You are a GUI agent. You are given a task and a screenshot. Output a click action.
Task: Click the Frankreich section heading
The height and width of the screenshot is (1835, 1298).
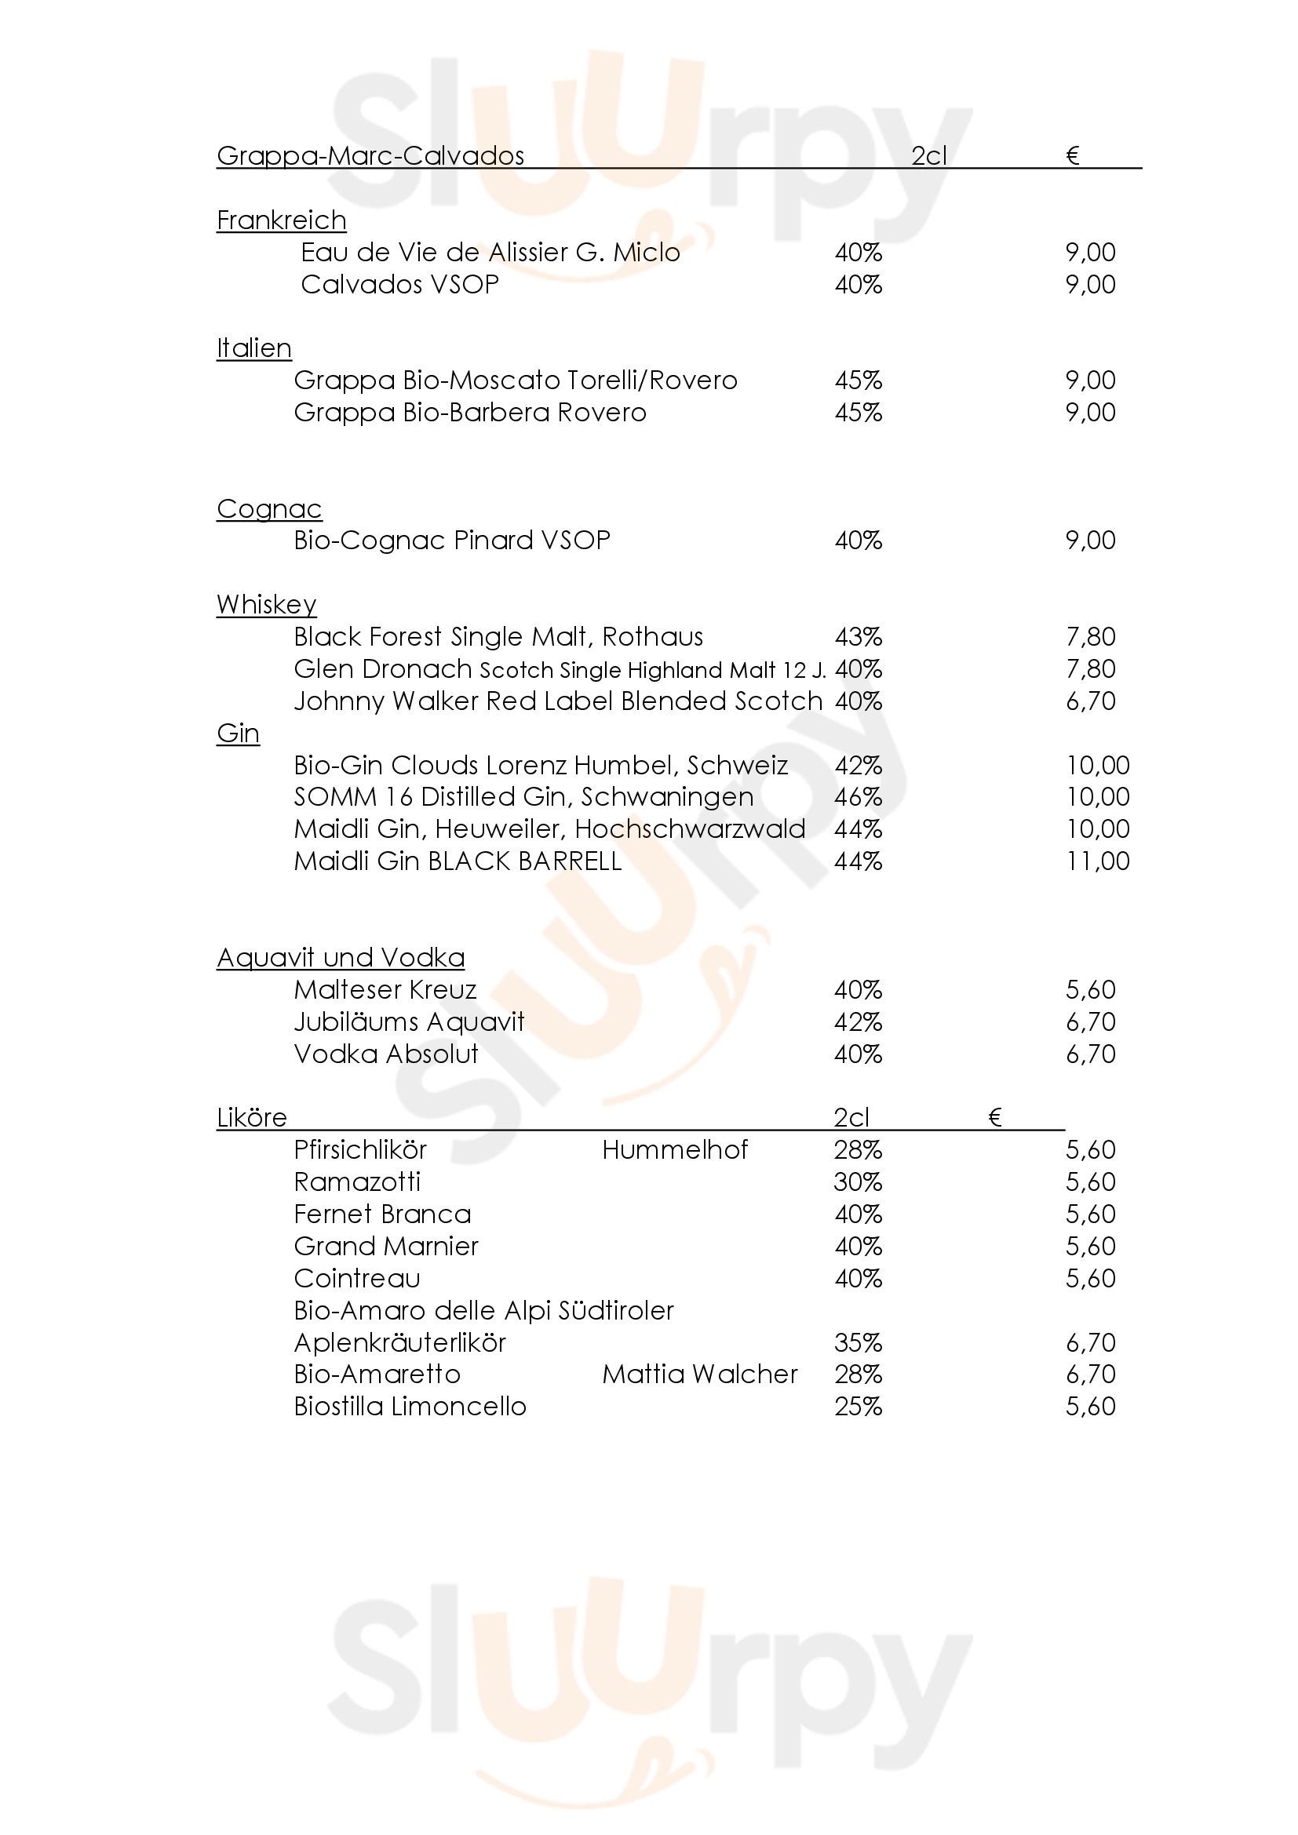(282, 220)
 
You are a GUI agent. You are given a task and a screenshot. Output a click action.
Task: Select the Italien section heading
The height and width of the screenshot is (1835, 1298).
(254, 348)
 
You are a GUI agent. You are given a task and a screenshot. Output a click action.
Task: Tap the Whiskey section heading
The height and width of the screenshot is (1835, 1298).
(266, 605)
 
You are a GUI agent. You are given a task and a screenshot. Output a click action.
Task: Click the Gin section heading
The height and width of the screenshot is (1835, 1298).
(239, 734)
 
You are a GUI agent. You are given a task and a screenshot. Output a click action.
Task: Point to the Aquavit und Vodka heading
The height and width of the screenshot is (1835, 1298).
(341, 957)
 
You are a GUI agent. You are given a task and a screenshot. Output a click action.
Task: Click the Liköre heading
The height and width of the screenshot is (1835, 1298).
(252, 1117)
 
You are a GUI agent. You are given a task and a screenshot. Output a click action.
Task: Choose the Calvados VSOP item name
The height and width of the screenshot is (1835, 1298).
(399, 285)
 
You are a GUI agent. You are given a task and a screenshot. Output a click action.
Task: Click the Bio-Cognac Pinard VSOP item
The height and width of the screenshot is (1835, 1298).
(451, 541)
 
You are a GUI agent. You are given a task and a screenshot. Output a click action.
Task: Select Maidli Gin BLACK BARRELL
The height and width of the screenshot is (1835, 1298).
(458, 861)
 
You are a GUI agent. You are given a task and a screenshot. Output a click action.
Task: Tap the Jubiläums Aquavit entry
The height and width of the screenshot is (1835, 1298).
(409, 1022)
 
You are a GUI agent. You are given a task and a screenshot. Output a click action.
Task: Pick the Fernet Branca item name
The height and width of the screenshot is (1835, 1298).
(382, 1214)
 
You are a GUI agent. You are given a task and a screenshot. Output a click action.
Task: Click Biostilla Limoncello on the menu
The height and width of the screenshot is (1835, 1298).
(410, 1407)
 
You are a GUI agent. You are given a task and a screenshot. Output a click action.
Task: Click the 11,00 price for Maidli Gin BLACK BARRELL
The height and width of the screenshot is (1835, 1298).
(1097, 861)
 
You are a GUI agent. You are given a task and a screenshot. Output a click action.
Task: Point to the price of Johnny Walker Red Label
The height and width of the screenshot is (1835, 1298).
(1090, 701)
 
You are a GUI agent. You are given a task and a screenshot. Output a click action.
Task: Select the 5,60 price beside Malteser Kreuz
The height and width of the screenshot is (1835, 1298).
(1090, 990)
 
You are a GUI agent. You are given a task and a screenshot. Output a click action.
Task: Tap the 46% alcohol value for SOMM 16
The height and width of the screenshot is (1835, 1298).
(859, 797)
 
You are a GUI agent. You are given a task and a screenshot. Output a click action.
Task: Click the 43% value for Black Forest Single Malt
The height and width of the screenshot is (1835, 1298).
(859, 637)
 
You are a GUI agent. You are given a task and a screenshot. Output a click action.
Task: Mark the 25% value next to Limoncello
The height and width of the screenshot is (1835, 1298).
(859, 1407)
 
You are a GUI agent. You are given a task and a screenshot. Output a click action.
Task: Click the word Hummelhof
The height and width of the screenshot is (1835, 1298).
(675, 1150)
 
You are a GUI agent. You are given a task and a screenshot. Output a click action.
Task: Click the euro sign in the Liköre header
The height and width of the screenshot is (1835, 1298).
(995, 1117)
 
